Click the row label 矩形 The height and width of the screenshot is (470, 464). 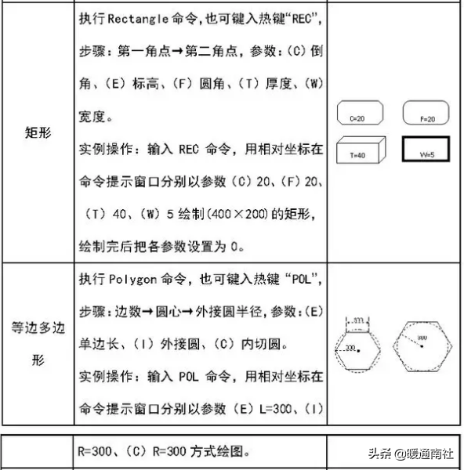pyautogui.click(x=38, y=132)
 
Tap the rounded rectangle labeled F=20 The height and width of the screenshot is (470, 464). pyautogui.click(x=427, y=115)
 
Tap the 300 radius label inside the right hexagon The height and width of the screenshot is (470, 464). pyautogui.click(x=422, y=338)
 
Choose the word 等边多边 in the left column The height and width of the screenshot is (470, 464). pyautogui.click(x=38, y=329)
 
